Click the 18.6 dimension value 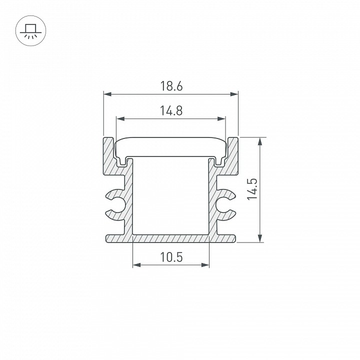(x=171, y=86)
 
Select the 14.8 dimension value (x=171, y=111)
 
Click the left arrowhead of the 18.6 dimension (x=106, y=94)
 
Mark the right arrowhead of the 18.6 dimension (x=234, y=94)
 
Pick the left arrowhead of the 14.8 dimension (x=119, y=119)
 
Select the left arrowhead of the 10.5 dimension (x=135, y=265)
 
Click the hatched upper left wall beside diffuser (x=109, y=155)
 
